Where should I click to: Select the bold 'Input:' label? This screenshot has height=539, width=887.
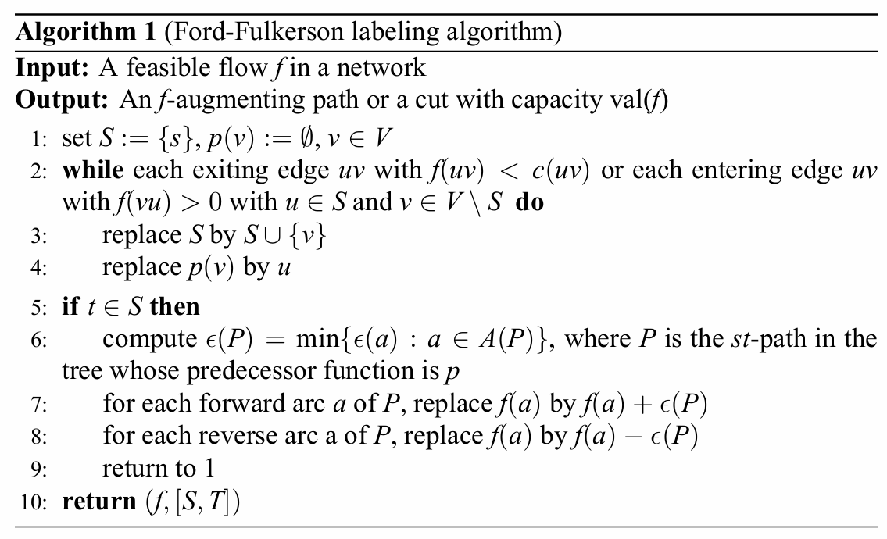pos(52,67)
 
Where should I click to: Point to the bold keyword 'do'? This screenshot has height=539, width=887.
pos(529,203)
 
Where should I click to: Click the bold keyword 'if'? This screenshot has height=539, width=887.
pos(70,306)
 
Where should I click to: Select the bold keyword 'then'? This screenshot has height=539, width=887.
pos(174,306)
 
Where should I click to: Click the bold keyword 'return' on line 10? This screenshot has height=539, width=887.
pos(98,500)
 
